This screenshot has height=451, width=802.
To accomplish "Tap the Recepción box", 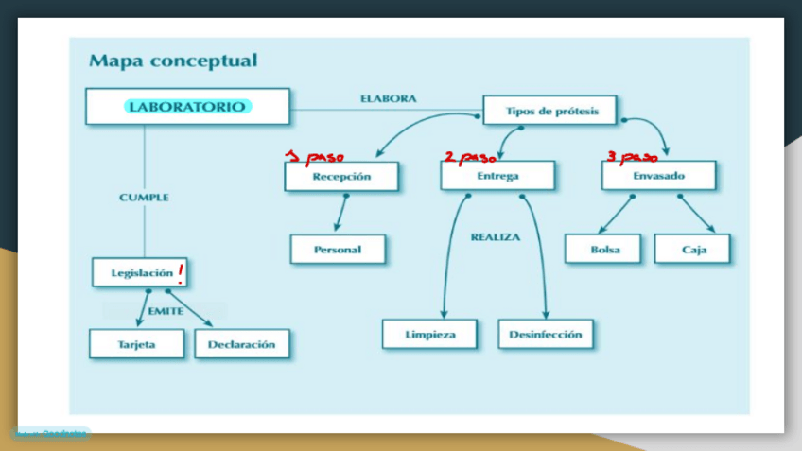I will coord(341,176).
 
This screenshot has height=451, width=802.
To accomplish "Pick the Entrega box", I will coord(497,176).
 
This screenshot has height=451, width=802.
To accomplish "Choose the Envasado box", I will coord(658,176).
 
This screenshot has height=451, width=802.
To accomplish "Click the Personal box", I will coord(338,249).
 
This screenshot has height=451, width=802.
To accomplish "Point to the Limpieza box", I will coord(429,334).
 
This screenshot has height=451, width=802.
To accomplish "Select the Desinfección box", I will coord(545,334).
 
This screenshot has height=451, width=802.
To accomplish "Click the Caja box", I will coord(693,250).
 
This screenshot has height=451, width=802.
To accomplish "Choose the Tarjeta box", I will coord(137,344).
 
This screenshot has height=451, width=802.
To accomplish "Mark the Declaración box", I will coord(241,344).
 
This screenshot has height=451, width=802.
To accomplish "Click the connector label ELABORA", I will coord(388,98).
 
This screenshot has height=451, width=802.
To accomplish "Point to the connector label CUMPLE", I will coord(144,198).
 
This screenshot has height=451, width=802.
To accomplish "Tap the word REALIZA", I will coord(495,237).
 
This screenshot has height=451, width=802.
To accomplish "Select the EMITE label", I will coord(166,311).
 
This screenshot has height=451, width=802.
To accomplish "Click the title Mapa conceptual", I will coord(172,61).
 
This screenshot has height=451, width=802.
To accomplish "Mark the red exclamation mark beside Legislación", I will coord(180,273).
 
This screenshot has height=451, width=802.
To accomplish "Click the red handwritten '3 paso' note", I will coord(631,157).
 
